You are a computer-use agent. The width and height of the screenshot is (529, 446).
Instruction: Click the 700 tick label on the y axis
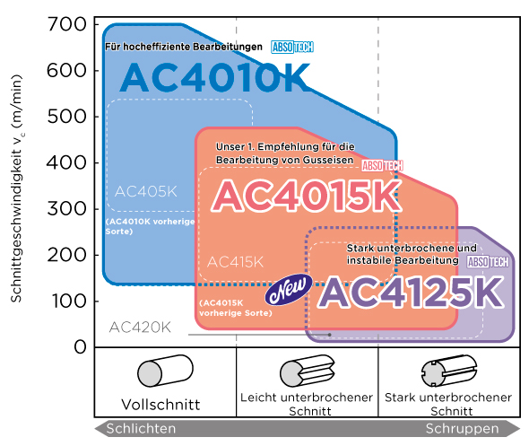(67, 24)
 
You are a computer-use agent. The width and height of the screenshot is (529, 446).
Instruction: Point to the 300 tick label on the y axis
(67, 209)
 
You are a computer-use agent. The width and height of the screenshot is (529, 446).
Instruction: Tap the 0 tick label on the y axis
(81, 346)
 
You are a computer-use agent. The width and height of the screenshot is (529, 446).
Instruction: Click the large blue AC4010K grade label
(214, 77)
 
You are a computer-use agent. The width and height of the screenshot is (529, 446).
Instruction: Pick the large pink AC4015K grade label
(307, 196)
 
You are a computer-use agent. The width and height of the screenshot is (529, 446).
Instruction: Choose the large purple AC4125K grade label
(411, 292)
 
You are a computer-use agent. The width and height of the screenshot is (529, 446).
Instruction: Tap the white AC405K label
(146, 191)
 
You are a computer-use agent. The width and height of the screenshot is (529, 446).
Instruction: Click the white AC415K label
(235, 262)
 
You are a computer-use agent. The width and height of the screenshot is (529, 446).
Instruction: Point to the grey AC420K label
(140, 328)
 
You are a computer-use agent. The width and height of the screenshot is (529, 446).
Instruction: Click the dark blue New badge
(289, 289)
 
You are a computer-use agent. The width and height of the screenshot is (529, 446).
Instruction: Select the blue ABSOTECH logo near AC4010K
(292, 47)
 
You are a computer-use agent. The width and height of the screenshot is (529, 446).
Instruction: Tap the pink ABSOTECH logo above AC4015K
(382, 166)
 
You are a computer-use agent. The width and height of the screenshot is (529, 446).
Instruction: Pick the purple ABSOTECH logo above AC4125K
(488, 262)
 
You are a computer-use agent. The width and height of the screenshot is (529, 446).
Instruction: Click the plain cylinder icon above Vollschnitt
(165, 371)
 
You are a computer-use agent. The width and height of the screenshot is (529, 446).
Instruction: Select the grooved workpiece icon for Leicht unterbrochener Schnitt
(308, 371)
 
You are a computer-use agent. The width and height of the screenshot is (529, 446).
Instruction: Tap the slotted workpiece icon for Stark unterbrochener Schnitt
(449, 371)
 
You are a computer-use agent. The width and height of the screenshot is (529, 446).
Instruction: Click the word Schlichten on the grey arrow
(141, 429)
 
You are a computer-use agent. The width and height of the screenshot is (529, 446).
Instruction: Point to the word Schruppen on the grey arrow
(462, 429)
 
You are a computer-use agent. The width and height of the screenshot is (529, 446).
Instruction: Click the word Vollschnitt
(160, 405)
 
